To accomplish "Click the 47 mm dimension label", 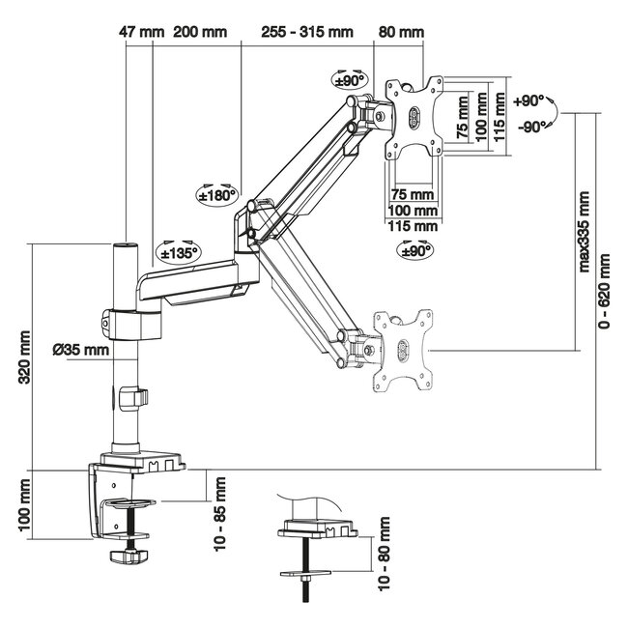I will [141, 31].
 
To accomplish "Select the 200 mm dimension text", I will [200, 31].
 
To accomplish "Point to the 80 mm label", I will [401, 31].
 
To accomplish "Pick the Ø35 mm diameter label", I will [80, 349].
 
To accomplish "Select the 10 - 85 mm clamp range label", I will [219, 513].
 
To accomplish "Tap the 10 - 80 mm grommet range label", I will [385, 554].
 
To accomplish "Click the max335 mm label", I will [585, 231].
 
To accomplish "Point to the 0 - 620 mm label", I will [605, 292].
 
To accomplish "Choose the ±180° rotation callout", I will [217, 193].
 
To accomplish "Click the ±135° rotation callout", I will [179, 251].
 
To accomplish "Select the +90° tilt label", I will [530, 100].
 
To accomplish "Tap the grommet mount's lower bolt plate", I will [306, 573].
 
